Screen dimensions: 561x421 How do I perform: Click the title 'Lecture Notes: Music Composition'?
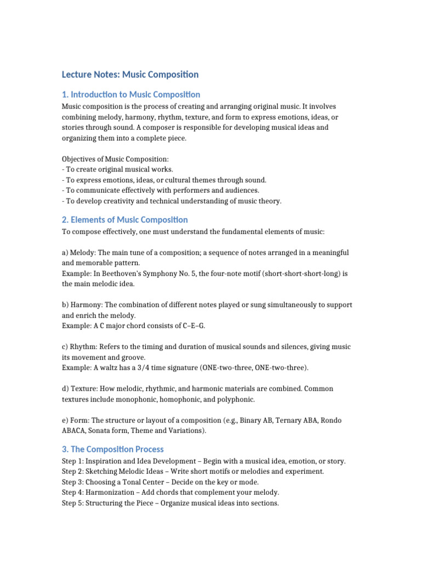coord(130,74)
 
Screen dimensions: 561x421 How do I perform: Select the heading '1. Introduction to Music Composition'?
coord(131,94)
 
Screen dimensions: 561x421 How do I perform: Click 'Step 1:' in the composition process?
coord(73,461)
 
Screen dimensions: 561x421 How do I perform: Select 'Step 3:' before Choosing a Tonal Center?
coord(73,482)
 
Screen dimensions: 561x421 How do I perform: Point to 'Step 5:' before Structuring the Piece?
coord(73,503)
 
